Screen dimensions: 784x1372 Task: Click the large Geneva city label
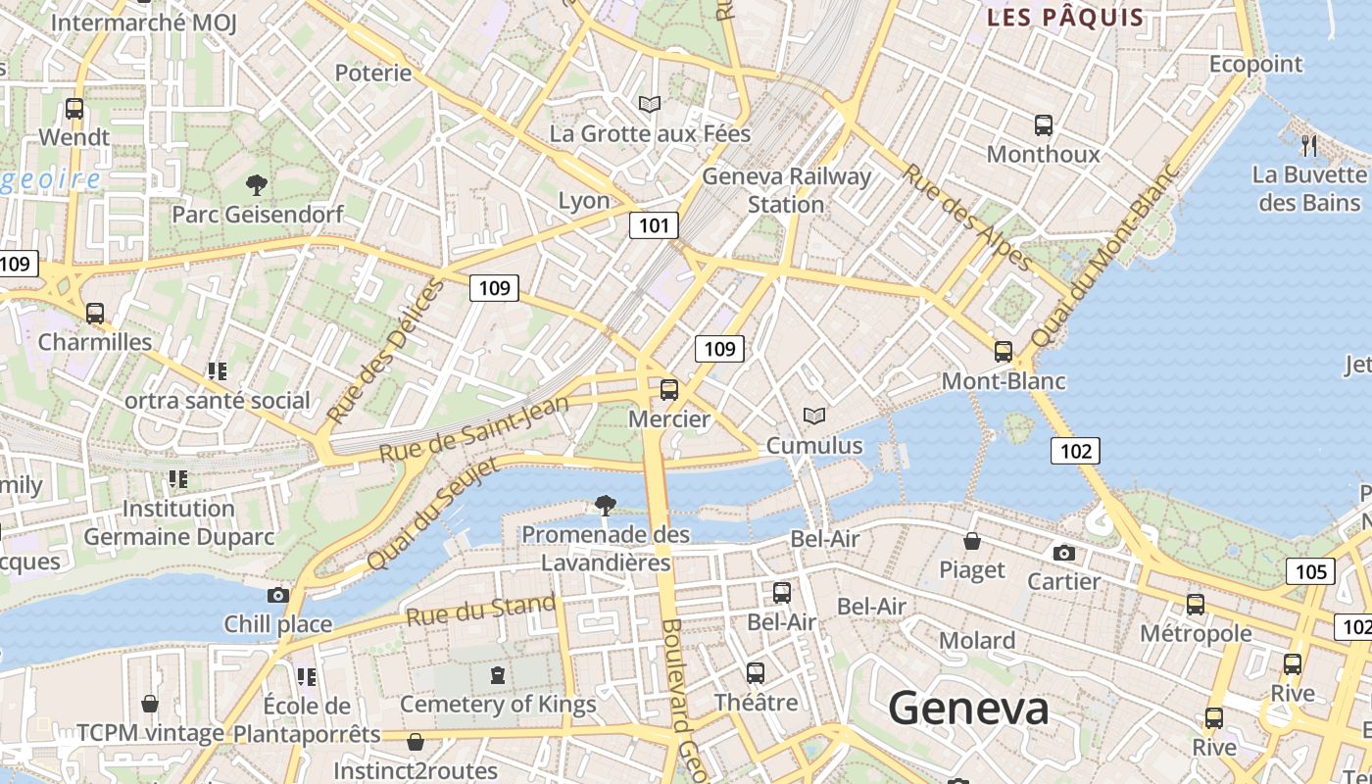coord(968,708)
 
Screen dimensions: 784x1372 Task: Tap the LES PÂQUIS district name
coord(1064,17)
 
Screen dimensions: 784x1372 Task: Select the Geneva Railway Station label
coord(786,190)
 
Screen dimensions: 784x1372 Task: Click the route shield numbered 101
coord(654,226)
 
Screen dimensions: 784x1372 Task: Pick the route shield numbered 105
coord(1310,572)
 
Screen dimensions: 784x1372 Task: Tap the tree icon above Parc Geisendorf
coord(257,184)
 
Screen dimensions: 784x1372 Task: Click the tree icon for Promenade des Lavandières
coord(606,506)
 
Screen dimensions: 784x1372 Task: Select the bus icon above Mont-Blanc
coord(1003,352)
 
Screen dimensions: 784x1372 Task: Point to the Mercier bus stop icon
coord(669,390)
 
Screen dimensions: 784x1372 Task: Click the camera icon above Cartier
coord(1063,554)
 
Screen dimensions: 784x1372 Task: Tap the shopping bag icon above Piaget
coord(972,541)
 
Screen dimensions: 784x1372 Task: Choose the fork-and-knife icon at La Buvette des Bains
coord(1309,146)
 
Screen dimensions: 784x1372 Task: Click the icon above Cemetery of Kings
coord(498,675)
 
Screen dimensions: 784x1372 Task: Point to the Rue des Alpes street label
coord(965,217)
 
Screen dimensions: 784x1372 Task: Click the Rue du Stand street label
coord(480,611)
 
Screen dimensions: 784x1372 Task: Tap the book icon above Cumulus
coord(814,416)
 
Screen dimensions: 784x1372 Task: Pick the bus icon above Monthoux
coord(1043,125)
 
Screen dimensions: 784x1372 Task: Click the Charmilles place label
coord(95,342)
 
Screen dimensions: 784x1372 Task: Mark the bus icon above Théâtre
coord(755,673)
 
